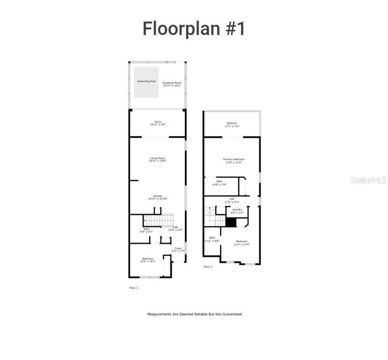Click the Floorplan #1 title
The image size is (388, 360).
coord(194,28)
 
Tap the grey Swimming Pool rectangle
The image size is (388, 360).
coord(146,82)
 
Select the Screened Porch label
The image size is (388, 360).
coord(171,84)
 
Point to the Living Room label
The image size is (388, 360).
coord(157,159)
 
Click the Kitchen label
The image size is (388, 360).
coord(157,197)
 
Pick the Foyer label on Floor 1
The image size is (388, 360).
coord(178,249)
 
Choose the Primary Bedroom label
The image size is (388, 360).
coord(234,160)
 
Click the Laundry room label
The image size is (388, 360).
coord(237,210)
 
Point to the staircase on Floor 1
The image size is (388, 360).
coord(158,220)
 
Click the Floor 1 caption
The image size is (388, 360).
coord(134,288)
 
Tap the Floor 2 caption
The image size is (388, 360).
coord(208,267)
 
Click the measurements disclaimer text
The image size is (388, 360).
coord(194,314)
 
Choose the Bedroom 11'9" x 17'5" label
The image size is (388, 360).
coord(242,242)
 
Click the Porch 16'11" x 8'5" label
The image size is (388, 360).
coord(158,123)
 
